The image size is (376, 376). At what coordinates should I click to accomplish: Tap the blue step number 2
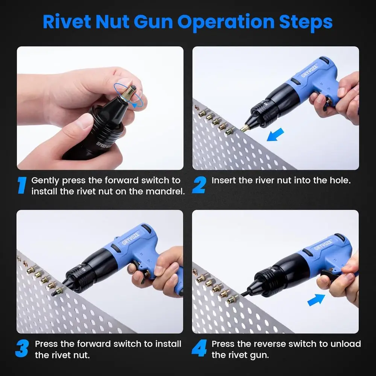pos(199,185)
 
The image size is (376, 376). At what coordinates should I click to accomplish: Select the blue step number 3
pos(22,349)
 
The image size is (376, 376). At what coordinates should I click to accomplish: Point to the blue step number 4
pos(199,349)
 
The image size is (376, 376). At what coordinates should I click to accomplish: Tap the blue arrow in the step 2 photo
pos(275,134)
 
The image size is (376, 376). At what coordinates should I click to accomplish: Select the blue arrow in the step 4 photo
pos(316,300)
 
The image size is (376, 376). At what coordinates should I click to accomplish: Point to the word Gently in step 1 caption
pos(45,180)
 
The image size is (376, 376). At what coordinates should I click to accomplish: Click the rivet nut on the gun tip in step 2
pos(245,128)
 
